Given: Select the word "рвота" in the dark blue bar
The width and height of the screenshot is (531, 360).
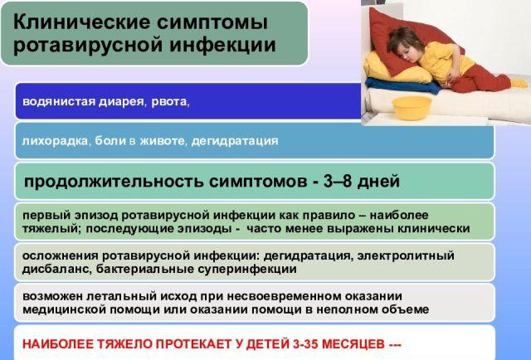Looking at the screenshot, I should (x=171, y=102).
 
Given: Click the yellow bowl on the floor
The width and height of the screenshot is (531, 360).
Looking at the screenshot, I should (x=412, y=106).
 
